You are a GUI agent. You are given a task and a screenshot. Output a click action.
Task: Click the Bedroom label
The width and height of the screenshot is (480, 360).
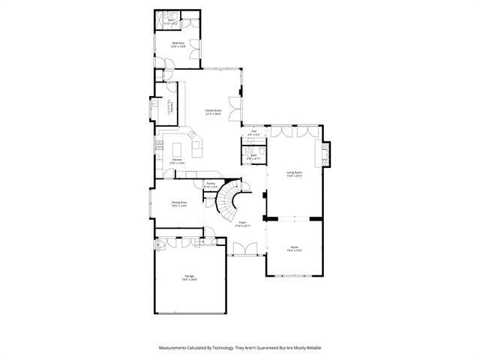click(178, 44)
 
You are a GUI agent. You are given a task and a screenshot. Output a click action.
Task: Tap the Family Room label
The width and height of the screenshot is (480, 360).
click(214, 112)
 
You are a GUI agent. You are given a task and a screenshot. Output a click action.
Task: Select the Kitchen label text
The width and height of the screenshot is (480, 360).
click(178, 160)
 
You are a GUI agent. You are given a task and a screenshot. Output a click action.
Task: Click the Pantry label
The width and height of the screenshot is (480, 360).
click(211, 185)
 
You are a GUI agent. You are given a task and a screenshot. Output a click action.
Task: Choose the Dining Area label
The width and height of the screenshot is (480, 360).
click(178, 203)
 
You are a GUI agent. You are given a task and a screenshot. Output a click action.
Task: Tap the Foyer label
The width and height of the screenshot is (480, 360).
click(242, 223)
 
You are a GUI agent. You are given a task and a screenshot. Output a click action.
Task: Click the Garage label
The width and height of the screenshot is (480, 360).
click(190, 277)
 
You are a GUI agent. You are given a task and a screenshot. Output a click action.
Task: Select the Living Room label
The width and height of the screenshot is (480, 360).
click(294, 174)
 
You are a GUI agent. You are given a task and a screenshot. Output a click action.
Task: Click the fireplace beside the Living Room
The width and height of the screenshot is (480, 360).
click(325, 154)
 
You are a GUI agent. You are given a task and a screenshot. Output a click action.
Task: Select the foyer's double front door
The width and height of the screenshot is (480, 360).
click(244, 253)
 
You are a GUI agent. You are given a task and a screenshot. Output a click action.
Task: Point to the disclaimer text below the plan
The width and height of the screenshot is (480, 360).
click(239, 347)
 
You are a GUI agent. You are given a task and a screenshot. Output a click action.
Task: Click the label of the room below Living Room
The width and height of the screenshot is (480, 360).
click(294, 249)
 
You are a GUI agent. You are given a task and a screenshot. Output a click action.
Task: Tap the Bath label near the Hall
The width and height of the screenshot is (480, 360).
click(253, 157)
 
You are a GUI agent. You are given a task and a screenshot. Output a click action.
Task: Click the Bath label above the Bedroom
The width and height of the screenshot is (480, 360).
click(172, 22)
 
